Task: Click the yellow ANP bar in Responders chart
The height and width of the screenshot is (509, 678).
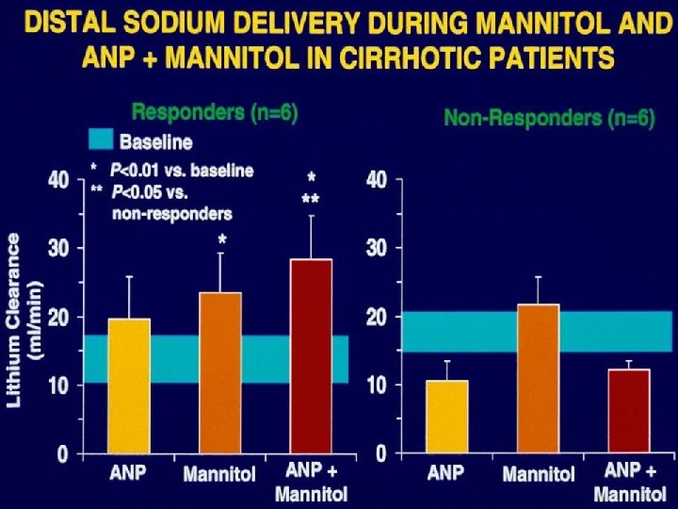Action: [129, 386]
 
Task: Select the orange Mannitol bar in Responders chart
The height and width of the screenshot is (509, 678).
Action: [220, 373]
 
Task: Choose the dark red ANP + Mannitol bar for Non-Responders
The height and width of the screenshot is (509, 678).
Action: [628, 411]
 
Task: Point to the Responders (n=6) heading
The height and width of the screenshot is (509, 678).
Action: [215, 113]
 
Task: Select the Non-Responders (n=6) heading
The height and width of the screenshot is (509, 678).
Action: [549, 119]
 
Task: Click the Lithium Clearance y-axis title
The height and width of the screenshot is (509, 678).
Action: [25, 320]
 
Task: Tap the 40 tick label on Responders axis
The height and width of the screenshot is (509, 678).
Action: [58, 180]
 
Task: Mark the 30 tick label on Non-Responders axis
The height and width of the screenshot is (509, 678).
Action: [376, 249]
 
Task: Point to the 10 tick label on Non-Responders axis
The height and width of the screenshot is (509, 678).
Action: [376, 386]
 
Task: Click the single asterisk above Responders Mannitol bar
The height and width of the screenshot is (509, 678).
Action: [222, 240]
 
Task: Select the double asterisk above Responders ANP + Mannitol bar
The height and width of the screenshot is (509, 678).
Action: [311, 199]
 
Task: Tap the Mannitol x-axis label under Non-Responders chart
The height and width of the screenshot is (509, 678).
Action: [538, 473]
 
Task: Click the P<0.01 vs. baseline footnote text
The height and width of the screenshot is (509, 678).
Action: [182, 171]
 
